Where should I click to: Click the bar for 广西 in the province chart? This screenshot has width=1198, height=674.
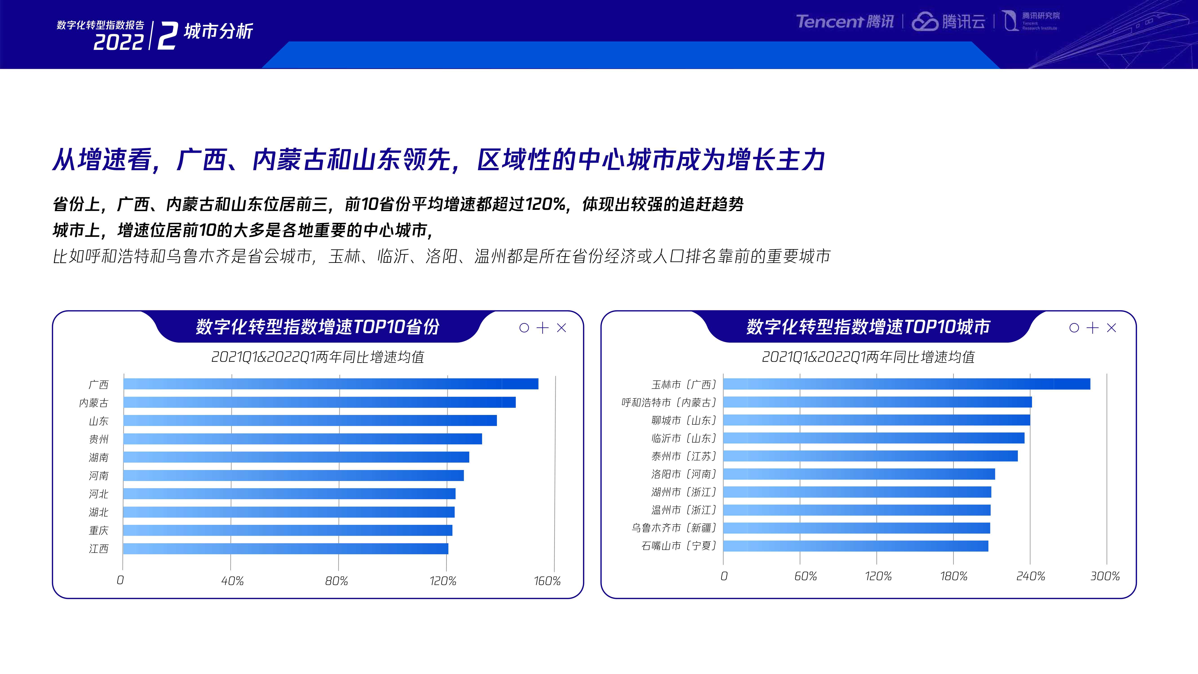point(331,384)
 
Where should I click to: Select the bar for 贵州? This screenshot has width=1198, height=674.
point(302,439)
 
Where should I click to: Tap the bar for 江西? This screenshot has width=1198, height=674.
point(286,548)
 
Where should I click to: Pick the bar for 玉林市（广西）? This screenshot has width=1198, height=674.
point(906,384)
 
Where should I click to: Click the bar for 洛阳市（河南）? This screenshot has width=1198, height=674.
point(859,474)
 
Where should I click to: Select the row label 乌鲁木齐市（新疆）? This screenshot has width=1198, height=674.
point(674,528)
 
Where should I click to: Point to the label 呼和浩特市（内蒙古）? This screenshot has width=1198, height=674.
point(669,402)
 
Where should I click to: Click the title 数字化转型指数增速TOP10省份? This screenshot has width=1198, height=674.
point(318,326)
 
